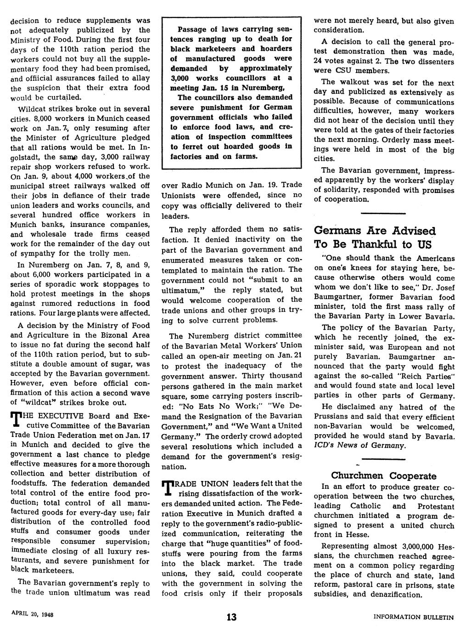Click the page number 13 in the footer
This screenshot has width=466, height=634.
[x=231, y=617]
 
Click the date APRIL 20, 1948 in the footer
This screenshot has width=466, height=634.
[x=33, y=615]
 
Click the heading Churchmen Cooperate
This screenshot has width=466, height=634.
[x=384, y=475]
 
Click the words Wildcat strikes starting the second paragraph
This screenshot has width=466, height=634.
[x=43, y=109]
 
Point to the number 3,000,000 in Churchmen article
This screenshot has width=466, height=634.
[x=417, y=547]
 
